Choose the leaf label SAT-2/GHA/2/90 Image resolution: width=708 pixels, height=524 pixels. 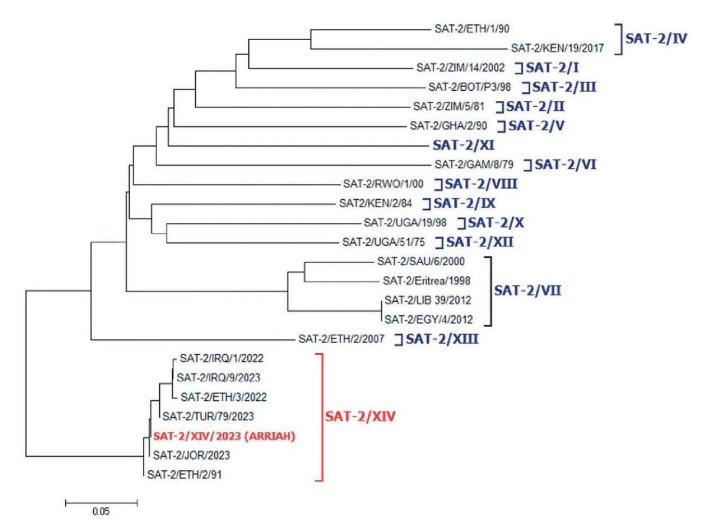(x=450, y=126)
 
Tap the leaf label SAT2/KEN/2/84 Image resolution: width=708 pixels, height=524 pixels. (x=372, y=203)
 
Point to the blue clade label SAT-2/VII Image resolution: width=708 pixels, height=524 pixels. (x=527, y=290)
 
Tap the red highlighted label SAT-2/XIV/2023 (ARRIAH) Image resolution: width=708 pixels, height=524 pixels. (x=224, y=437)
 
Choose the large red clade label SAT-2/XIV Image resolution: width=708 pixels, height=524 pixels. (x=359, y=418)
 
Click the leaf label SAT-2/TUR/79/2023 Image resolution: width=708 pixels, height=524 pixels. (x=208, y=416)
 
